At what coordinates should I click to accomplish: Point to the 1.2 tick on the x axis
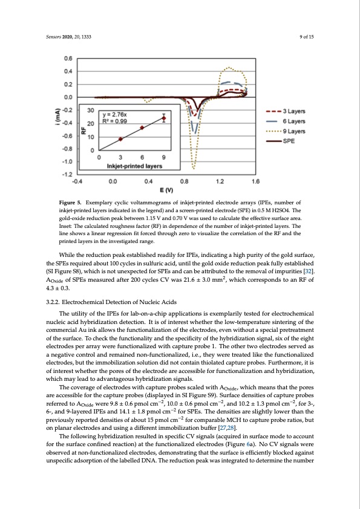[220, 180]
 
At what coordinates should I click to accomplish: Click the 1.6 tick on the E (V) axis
[256, 180]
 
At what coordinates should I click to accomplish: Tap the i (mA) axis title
[53, 114]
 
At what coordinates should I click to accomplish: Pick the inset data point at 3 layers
[120, 138]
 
